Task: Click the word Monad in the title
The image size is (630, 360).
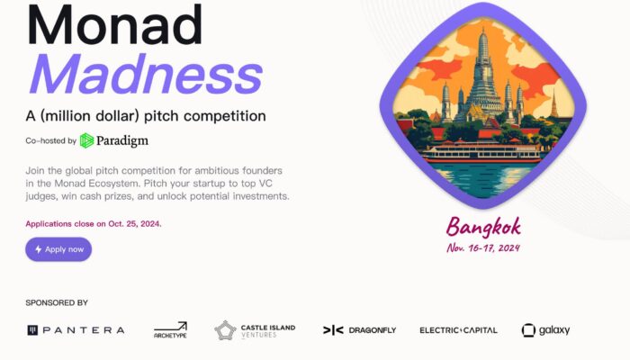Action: (x=114, y=25)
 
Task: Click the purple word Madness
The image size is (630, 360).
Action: (x=146, y=75)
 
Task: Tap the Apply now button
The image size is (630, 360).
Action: (x=58, y=249)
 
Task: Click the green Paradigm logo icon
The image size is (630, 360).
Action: (x=86, y=140)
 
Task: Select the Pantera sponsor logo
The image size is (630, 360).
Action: (x=76, y=330)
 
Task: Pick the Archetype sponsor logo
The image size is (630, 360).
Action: (x=170, y=330)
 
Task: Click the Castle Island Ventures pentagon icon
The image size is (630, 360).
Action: (x=225, y=330)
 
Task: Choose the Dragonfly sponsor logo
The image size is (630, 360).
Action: (x=360, y=330)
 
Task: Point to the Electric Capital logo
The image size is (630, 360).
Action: (x=458, y=330)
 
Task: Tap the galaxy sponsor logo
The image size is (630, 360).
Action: (x=545, y=330)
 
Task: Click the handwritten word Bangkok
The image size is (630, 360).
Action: (x=484, y=227)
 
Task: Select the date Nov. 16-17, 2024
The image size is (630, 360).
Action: (x=483, y=247)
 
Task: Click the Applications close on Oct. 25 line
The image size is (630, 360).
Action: (x=94, y=224)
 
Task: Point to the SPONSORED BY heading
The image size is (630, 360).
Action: (x=57, y=302)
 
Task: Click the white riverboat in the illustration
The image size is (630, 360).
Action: (x=481, y=153)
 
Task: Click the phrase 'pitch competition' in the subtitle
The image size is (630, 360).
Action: (x=205, y=116)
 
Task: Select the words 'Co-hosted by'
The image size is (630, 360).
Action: (x=50, y=140)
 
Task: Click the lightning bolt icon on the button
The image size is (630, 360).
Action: (x=38, y=249)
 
